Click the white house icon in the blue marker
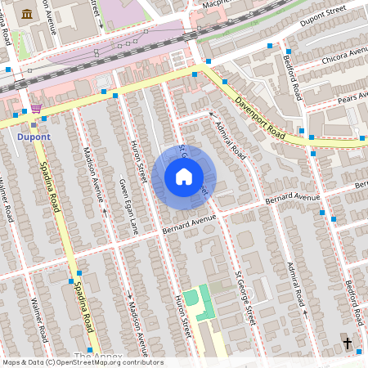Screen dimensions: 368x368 pyautogui.click(x=184, y=177)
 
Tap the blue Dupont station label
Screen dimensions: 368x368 pyautogui.click(x=33, y=137)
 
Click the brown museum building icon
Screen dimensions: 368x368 pyautogui.click(x=28, y=15)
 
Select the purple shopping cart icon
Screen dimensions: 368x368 pyautogui.click(x=35, y=108)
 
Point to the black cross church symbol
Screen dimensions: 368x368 pyautogui.click(x=347, y=343)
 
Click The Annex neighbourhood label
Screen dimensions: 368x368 pyautogui.click(x=98, y=357)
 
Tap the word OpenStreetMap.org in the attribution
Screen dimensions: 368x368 pyautogui.click(x=110, y=362)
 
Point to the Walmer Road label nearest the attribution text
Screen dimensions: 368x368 pyautogui.click(x=38, y=319)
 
